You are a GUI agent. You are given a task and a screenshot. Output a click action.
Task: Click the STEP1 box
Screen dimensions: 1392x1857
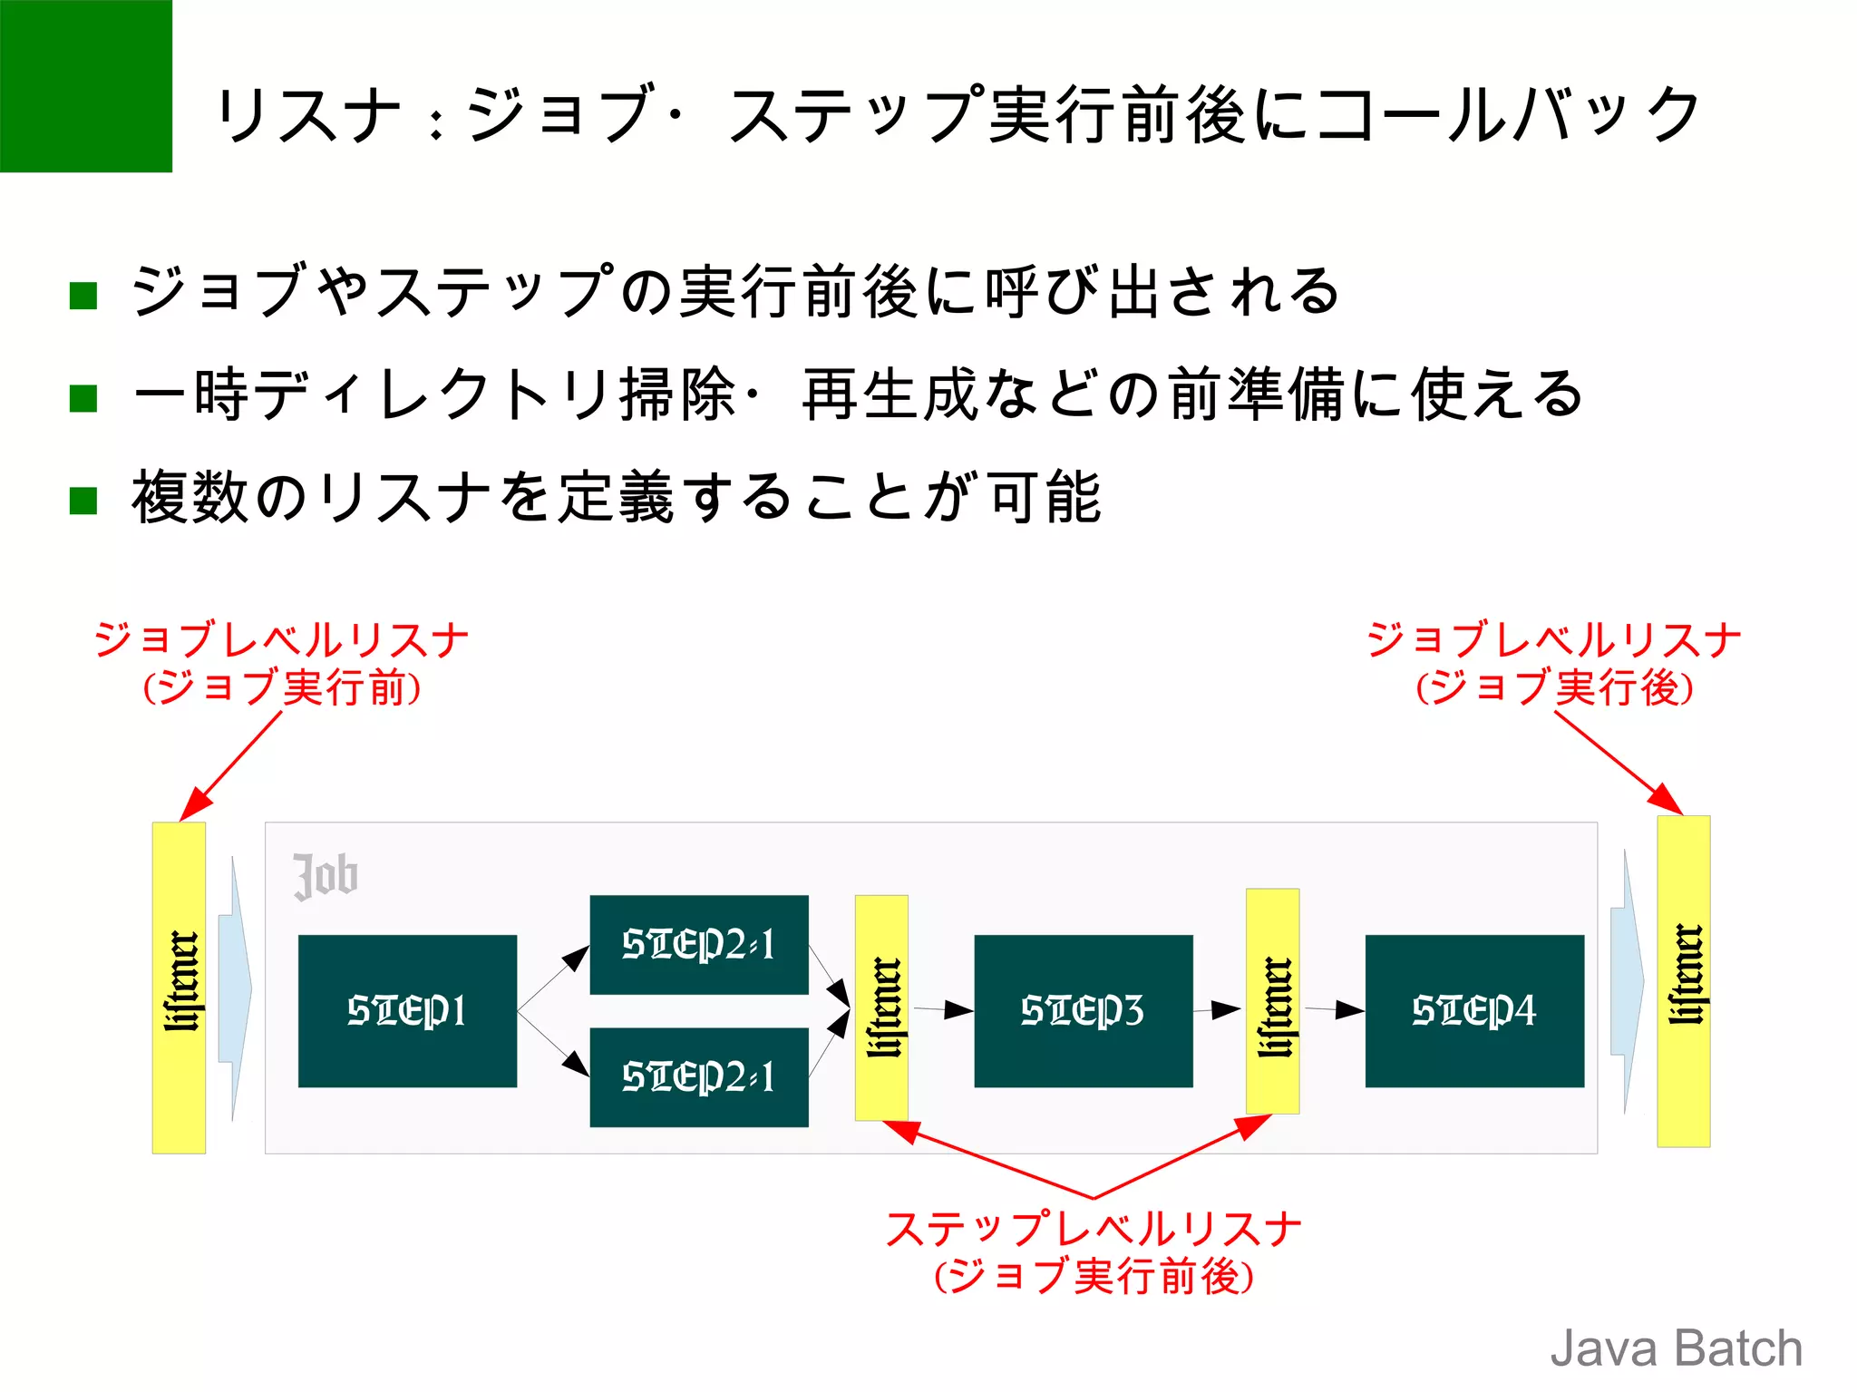(407, 1010)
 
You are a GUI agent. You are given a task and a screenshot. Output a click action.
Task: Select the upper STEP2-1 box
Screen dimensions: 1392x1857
(698, 944)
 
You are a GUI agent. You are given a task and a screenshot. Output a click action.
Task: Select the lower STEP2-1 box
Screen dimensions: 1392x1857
(698, 1076)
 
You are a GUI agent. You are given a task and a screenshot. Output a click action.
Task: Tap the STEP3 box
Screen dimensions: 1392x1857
(1083, 1010)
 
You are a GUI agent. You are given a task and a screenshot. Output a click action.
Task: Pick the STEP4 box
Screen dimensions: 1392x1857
(1474, 1010)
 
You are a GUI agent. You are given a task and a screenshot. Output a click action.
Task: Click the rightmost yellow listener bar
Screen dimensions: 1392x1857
(1683, 981)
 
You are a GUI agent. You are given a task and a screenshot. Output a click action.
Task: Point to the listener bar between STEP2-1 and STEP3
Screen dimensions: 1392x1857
(881, 1007)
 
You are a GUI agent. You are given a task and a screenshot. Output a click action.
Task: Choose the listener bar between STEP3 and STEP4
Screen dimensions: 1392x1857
(1272, 1001)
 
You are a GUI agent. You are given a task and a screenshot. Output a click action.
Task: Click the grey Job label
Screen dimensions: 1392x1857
(326, 876)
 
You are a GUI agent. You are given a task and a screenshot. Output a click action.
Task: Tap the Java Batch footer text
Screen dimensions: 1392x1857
(1676, 1348)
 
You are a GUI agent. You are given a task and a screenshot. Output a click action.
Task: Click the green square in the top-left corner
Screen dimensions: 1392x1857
(85, 85)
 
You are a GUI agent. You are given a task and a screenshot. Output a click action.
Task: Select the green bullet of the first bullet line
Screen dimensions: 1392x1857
(83, 296)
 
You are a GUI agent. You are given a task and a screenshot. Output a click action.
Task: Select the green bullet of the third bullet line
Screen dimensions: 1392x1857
(83, 501)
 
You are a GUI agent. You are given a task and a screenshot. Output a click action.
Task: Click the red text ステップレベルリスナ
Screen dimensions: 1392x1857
(1093, 1230)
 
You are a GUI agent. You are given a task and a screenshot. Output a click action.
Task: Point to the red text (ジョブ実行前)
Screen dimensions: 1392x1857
(282, 687)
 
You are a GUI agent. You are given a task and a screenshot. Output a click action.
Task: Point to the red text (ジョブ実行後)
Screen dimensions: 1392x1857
(1554, 687)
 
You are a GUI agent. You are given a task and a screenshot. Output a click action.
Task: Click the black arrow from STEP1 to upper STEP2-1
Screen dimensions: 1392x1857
(554, 978)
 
